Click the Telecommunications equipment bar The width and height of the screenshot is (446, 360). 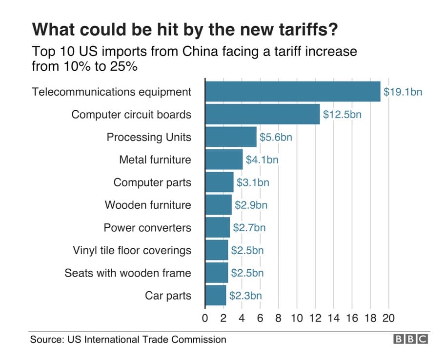click(x=292, y=92)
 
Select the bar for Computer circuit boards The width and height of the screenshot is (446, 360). click(x=262, y=114)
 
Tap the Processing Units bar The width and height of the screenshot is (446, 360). click(x=230, y=137)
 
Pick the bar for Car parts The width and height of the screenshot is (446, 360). click(x=215, y=296)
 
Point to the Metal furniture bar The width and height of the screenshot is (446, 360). click(x=223, y=160)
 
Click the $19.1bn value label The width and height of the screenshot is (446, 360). click(x=402, y=92)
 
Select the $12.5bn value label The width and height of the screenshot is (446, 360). click(x=342, y=115)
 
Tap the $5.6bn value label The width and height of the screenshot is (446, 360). click(x=275, y=137)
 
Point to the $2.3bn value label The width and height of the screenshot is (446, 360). click(x=245, y=296)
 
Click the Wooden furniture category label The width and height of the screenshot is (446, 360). click(x=148, y=205)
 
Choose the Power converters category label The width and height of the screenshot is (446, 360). click(x=147, y=228)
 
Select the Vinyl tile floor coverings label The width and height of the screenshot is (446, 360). click(x=132, y=250)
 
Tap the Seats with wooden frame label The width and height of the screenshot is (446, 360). click(x=128, y=273)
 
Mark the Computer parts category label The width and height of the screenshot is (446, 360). click(x=152, y=182)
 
